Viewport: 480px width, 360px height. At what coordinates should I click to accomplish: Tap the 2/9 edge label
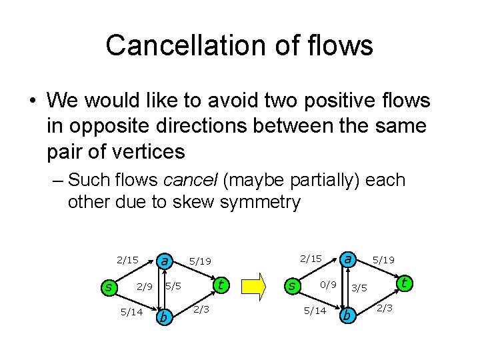pyautogui.click(x=145, y=287)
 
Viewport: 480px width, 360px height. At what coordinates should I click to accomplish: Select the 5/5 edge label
pyautogui.click(x=174, y=287)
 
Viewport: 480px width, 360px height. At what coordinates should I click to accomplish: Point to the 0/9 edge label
pyautogui.click(x=328, y=285)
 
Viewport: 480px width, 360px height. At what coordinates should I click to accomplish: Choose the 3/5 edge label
pyautogui.click(x=359, y=288)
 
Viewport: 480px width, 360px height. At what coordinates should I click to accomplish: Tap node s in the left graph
pyautogui.click(x=107, y=287)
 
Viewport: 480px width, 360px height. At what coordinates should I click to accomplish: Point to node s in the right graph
pyautogui.click(x=291, y=285)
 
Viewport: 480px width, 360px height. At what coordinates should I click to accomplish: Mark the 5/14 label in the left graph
pyautogui.click(x=131, y=311)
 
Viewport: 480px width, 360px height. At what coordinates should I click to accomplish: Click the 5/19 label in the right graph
pyautogui.click(x=383, y=260)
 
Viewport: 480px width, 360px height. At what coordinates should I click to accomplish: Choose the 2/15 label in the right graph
pyautogui.click(x=310, y=258)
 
